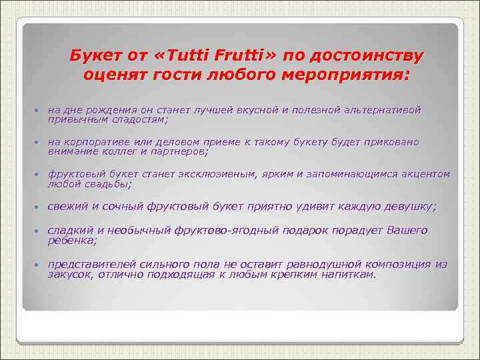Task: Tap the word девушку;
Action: pos(407,207)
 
